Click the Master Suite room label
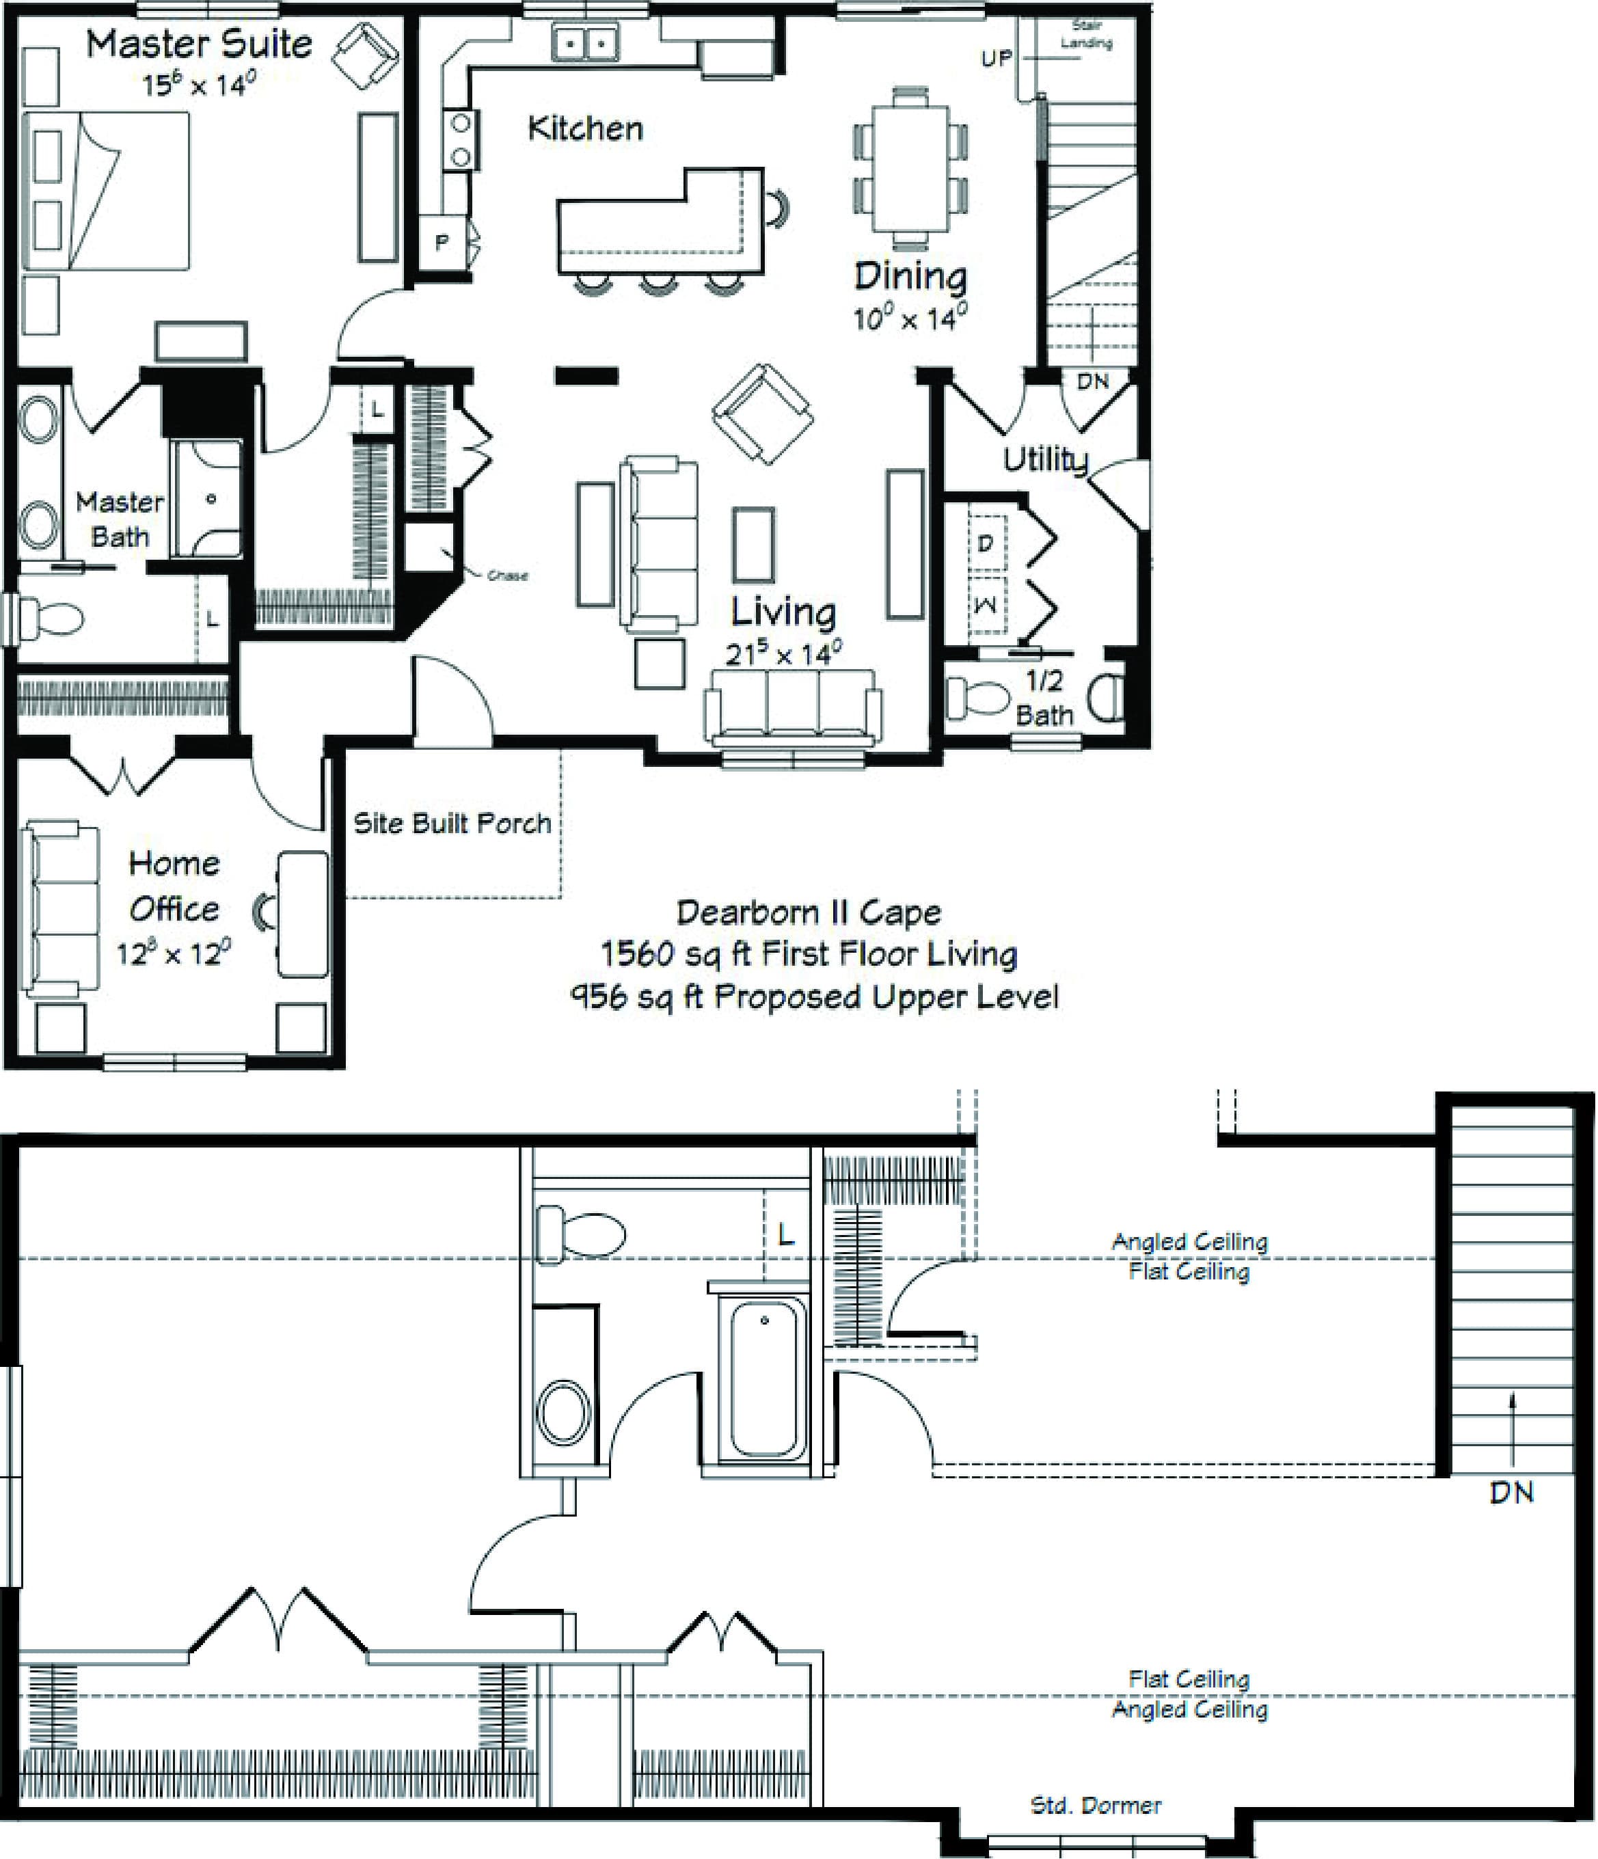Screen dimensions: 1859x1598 point(198,44)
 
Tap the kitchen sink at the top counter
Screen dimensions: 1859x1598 point(585,41)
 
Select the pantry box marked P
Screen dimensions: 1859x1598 point(442,241)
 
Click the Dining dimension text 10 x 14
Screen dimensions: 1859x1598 point(909,318)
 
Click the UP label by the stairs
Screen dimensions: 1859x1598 point(996,58)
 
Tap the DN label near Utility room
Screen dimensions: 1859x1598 point(1092,381)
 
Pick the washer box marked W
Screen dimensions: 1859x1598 point(985,605)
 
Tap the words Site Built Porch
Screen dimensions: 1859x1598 point(452,823)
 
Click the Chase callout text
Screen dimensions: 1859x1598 point(507,575)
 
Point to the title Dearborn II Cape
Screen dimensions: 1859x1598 point(809,912)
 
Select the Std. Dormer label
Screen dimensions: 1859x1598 point(1096,1805)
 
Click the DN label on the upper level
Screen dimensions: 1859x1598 point(1511,1492)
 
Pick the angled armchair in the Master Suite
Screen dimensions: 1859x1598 point(364,55)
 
